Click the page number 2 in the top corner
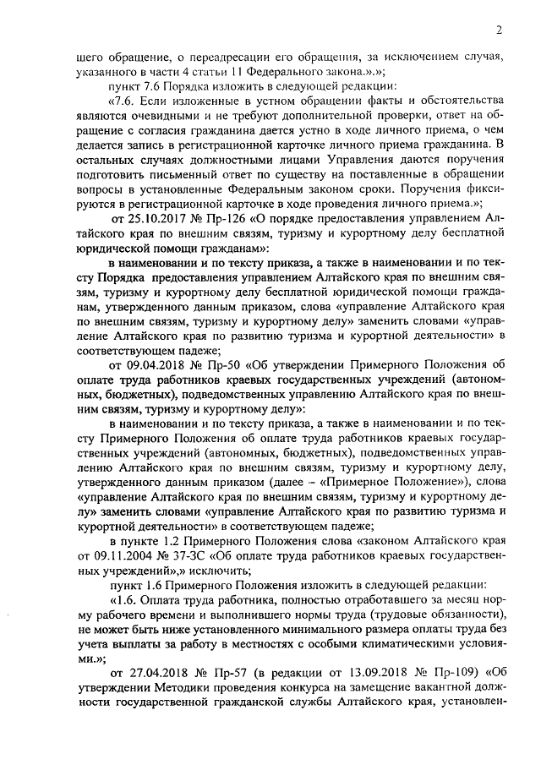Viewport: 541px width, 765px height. tap(500, 32)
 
